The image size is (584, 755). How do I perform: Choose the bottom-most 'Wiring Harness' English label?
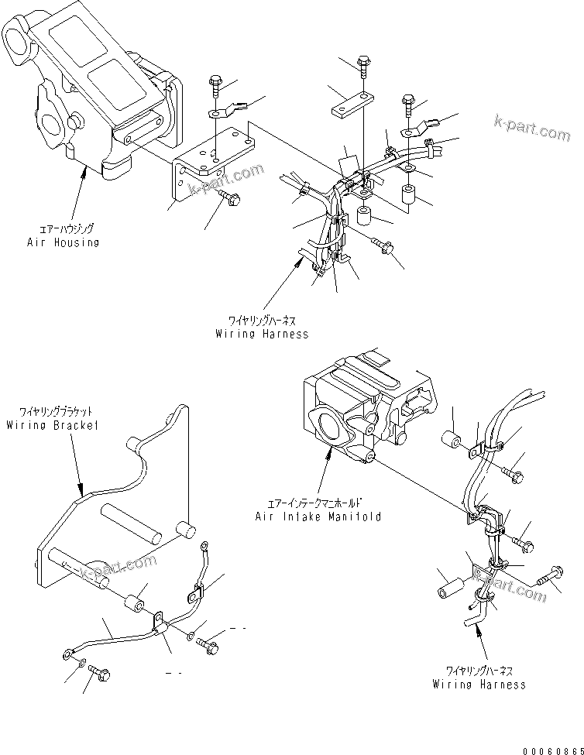pos(479,684)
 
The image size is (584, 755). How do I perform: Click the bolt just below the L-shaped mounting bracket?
pos(230,198)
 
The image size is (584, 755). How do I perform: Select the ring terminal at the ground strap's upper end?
pos(204,547)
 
